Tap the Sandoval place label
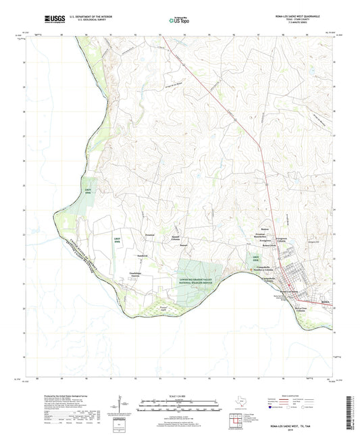tap(124, 255)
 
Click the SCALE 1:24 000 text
tap(180, 396)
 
